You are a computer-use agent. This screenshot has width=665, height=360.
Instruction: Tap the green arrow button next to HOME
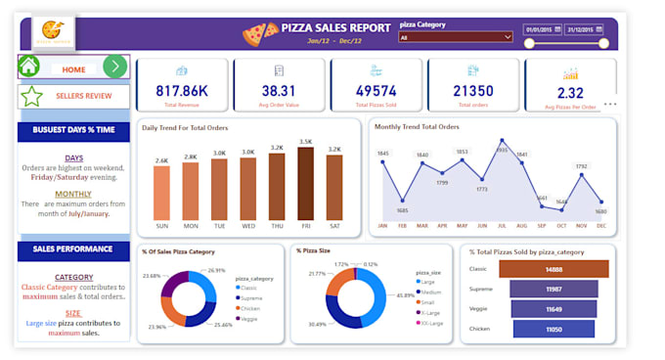[115, 67]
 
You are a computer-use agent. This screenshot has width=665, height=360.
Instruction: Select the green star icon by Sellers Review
[32, 96]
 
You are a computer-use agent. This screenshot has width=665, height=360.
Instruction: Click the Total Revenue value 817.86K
[182, 91]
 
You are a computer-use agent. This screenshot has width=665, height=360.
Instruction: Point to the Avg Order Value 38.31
[279, 91]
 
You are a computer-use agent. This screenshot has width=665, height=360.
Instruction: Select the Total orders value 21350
[472, 91]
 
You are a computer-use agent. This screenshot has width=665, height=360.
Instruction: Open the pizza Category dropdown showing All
[455, 37]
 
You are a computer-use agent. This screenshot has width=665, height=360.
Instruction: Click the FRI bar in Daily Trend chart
[306, 184]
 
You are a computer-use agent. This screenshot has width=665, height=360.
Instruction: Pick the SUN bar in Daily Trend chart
[161, 192]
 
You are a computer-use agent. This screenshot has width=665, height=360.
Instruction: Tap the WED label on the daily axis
[248, 226]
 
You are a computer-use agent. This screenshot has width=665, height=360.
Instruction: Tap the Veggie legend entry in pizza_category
[248, 317]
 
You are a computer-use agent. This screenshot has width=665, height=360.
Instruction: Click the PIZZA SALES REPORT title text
[336, 28]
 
